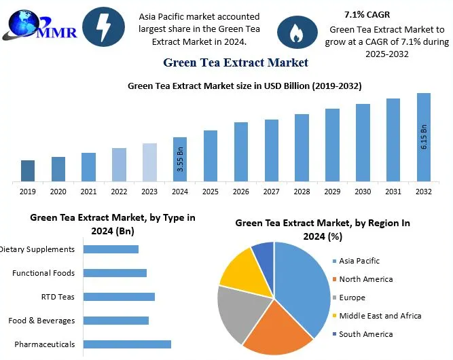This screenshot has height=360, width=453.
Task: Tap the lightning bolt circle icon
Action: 103,27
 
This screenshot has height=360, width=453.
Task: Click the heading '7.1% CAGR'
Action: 367,14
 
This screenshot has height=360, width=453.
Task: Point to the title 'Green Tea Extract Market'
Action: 236,62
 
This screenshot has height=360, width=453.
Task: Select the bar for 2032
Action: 423,137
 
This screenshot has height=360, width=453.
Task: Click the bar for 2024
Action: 179,160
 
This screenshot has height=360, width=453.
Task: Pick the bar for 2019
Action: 28,171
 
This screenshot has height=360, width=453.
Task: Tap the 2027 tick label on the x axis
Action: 271,192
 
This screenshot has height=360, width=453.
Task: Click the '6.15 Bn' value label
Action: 424,138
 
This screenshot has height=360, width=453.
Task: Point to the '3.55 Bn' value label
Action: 180,160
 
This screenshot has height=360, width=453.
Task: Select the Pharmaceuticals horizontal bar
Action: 127,344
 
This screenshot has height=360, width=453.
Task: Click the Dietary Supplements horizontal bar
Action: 111,249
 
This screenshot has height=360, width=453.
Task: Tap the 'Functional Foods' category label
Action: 43,273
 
